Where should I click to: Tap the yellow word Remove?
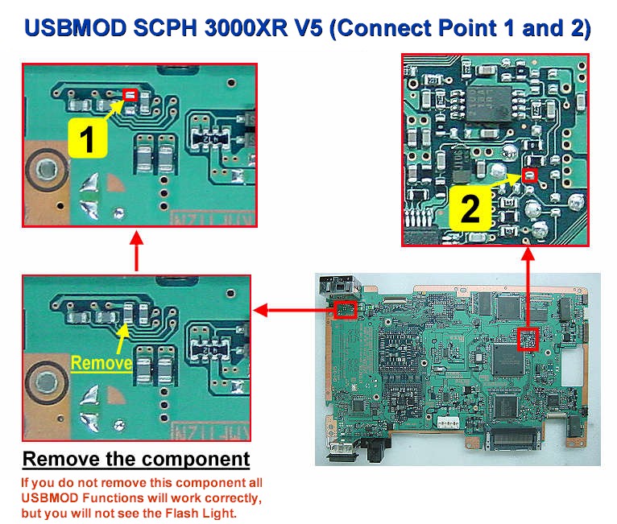101,363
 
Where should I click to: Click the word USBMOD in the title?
72,29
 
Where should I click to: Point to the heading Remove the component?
135,460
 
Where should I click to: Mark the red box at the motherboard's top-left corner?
346,309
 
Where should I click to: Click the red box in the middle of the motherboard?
528,339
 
